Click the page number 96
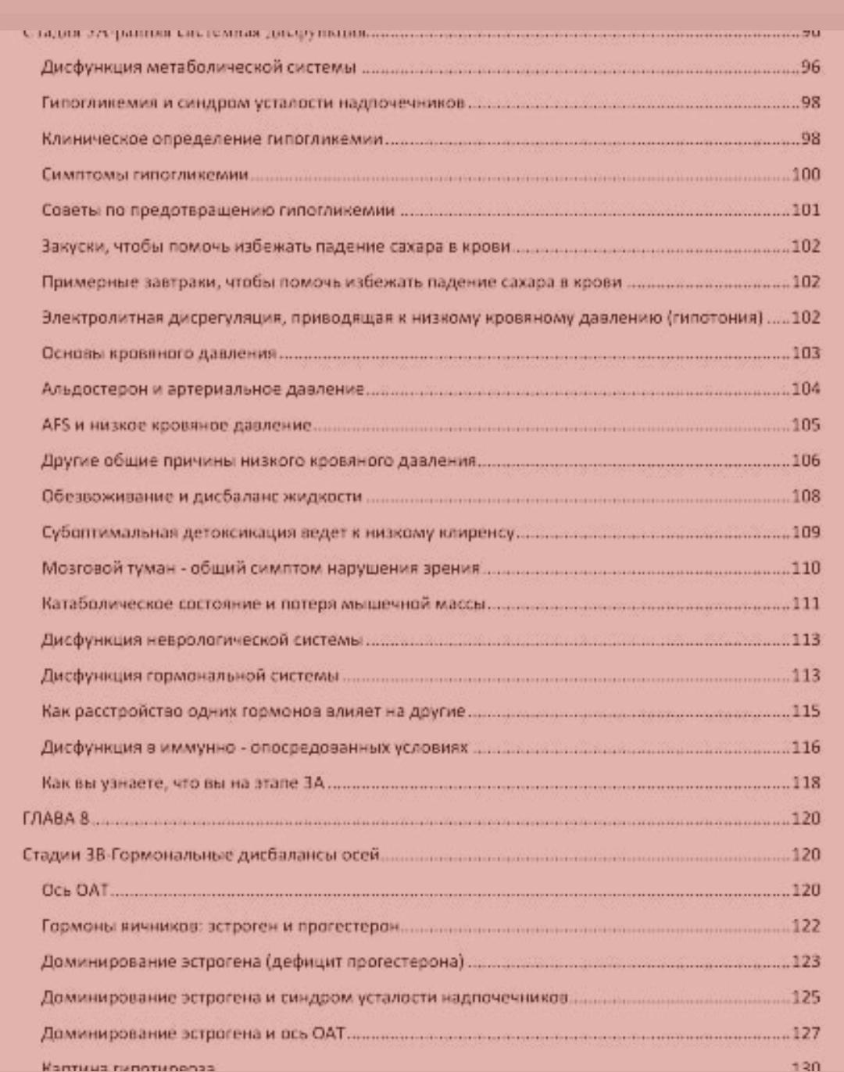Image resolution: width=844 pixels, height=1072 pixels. tap(810, 67)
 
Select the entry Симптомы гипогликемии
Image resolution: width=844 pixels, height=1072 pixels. tap(145, 174)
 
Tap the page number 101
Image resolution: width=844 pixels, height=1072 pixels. tap(806, 210)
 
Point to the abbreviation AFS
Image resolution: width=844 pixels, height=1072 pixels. tap(55, 425)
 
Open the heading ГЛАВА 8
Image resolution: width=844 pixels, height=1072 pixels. tap(55, 818)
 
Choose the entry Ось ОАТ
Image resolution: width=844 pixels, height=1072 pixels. tap(75, 890)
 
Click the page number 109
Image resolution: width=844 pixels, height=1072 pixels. tap(806, 532)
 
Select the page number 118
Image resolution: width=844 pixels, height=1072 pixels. tap(806, 783)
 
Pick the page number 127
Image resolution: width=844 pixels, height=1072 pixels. tap(806, 1033)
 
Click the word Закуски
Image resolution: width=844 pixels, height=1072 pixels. tap(73, 247)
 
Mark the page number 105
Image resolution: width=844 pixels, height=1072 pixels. tap(806, 425)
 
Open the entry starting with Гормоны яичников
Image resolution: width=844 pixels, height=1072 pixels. tap(220, 926)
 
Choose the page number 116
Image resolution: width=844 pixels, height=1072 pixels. tap(806, 747)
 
